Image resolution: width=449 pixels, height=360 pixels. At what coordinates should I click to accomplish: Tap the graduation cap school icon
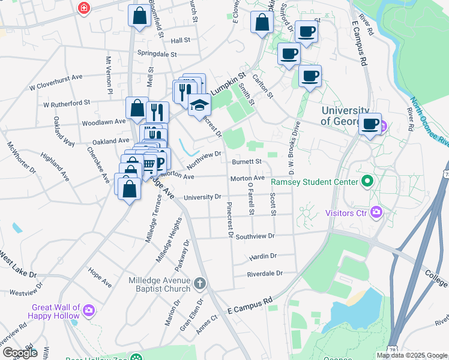pyautogui.click(x=199, y=106)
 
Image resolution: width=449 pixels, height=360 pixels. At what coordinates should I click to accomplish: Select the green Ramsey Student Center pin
pyautogui.click(x=367, y=181)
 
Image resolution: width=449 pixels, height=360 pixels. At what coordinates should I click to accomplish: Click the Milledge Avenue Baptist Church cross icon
pyautogui.click(x=199, y=282)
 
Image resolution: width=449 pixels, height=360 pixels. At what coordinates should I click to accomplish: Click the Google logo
pyautogui.click(x=19, y=353)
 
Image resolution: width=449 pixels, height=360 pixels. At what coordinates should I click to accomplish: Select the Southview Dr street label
pyautogui.click(x=255, y=236)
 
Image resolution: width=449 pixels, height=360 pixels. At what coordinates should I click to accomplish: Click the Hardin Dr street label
pyautogui.click(x=262, y=256)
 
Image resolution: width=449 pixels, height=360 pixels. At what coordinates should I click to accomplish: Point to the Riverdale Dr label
pyautogui.click(x=264, y=274)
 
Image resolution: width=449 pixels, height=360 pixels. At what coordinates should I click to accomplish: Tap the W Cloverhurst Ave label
pyautogui.click(x=56, y=81)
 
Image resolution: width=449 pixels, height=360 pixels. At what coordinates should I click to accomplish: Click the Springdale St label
pyautogui.click(x=157, y=54)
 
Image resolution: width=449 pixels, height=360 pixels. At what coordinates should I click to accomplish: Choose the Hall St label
pyautogui.click(x=180, y=40)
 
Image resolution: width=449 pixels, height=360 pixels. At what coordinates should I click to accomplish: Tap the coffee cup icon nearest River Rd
pyautogui.click(x=370, y=124)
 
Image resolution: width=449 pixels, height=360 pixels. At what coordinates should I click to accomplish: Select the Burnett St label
pyautogui.click(x=246, y=161)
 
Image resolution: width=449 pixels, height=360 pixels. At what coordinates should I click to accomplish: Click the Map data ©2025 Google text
pyautogui.click(x=411, y=355)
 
